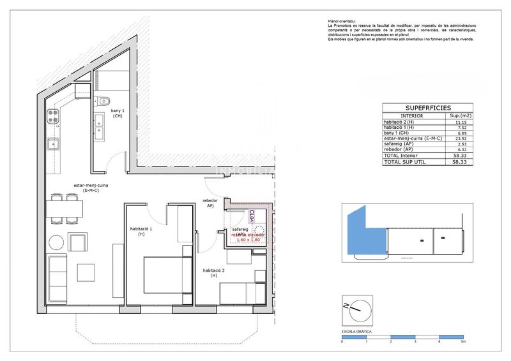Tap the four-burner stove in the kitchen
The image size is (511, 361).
(53, 117)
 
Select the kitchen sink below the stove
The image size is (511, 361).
(53, 144)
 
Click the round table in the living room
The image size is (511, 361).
(57, 242)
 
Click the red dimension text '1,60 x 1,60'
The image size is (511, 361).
(248, 240)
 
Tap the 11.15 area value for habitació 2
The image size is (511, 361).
(451, 122)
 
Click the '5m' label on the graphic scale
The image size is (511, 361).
(462, 343)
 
